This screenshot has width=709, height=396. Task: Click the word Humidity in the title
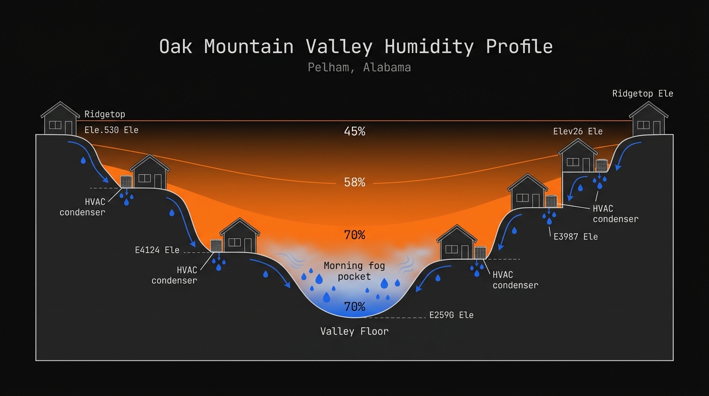pyautogui.click(x=429, y=47)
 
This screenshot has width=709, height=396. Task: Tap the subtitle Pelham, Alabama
pyautogui.click(x=359, y=68)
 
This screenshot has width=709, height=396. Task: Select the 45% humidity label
pyautogui.click(x=354, y=131)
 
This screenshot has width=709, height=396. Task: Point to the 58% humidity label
pyautogui.click(x=354, y=183)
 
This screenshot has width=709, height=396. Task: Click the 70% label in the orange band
pyautogui.click(x=354, y=236)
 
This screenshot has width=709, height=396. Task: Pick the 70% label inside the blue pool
pyautogui.click(x=354, y=307)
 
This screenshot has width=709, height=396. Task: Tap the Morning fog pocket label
pyautogui.click(x=354, y=271)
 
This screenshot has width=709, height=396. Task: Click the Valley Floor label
pyautogui.click(x=354, y=331)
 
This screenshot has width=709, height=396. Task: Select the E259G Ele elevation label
pyautogui.click(x=451, y=315)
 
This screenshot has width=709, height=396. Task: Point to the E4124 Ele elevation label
pyautogui.click(x=157, y=250)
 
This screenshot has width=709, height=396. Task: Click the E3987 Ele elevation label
pyautogui.click(x=576, y=237)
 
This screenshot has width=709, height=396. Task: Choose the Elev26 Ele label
pyautogui.click(x=578, y=131)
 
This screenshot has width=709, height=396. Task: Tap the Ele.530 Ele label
pyautogui.click(x=111, y=130)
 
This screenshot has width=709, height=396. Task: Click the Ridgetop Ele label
pyautogui.click(x=643, y=94)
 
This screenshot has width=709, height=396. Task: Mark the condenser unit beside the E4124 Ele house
pyautogui.click(x=216, y=245)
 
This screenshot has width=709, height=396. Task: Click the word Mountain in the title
pyautogui.click(x=249, y=47)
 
